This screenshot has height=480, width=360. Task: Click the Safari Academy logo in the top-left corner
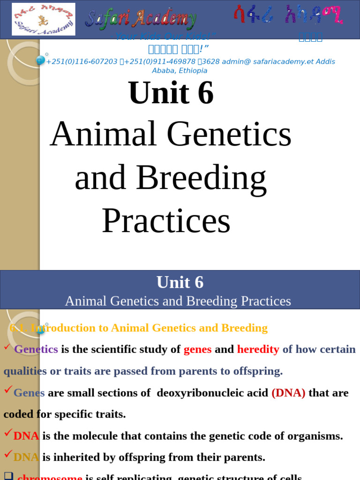(43, 19)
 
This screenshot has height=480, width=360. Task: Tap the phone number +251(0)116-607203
(82, 61)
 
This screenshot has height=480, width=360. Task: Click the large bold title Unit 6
(171, 93)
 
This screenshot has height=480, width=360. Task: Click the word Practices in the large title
(166, 221)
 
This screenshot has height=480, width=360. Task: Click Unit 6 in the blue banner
(180, 282)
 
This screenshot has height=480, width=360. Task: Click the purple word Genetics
(36, 349)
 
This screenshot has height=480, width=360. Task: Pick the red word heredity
(258, 349)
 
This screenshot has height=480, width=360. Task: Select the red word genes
(197, 349)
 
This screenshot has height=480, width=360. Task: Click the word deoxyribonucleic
(212, 393)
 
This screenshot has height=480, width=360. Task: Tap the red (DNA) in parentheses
(288, 393)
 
